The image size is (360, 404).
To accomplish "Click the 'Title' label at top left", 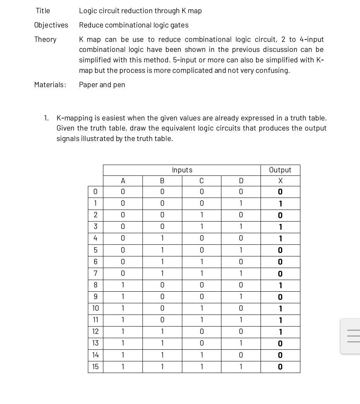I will [x=43, y=11].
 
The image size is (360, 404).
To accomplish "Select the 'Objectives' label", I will [x=51, y=25].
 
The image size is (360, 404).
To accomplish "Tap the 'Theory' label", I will [x=45, y=40].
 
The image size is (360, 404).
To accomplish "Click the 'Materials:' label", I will [x=50, y=85].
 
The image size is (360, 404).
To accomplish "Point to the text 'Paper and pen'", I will [x=102, y=85].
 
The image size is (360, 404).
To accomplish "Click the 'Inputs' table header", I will [x=182, y=170].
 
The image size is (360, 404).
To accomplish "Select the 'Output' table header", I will [x=280, y=170].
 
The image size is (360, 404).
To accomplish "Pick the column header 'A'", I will [x=123, y=181].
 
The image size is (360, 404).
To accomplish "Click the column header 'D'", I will [x=241, y=181].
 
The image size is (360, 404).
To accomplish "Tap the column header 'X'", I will [x=280, y=181].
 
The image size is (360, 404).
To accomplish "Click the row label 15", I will [x=95, y=367].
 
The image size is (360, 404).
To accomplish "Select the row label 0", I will [x=95, y=192].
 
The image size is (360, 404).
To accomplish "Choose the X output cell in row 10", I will [x=280, y=309].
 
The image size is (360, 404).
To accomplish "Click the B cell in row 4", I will [x=162, y=239].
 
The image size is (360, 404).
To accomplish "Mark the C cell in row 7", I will [x=201, y=273].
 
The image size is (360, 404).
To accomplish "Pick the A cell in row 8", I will [x=123, y=285].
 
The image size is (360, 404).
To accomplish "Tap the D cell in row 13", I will [x=241, y=343].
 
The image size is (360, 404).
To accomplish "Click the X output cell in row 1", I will [x=280, y=204].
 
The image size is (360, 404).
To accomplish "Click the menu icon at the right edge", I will [x=353, y=336].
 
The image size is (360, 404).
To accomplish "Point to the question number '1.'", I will [x=46, y=118].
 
